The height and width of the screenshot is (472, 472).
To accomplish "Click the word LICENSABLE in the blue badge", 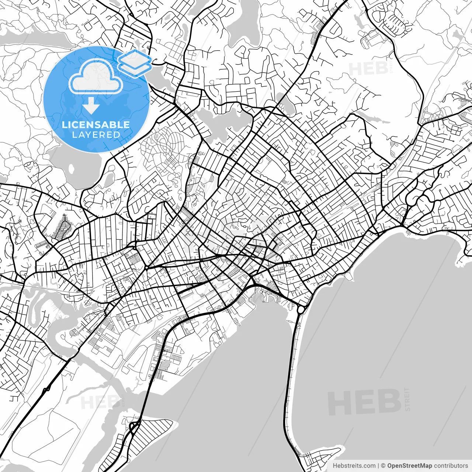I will tap(96, 125).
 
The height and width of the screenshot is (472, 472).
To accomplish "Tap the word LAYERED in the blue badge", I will tap(96, 135).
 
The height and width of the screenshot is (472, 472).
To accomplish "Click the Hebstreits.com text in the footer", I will tap(354, 466).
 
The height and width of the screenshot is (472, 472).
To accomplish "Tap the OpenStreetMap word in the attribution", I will tap(409, 466).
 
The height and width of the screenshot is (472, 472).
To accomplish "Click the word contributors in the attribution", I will tap(451, 466).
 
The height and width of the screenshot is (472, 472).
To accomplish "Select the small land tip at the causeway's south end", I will tap(321, 457).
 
